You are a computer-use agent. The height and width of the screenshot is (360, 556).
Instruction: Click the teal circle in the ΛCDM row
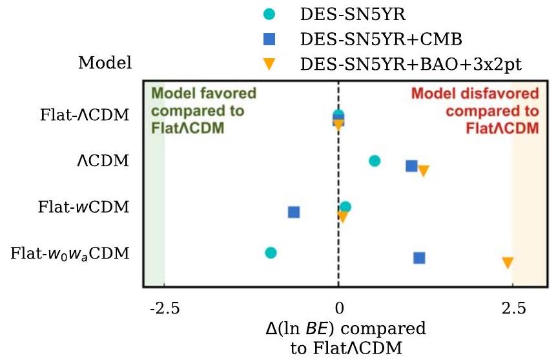point(375,161)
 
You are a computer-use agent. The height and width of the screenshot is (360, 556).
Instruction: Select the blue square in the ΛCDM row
point(411,166)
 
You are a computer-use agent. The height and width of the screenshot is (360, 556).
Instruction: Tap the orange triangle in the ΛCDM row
point(424,171)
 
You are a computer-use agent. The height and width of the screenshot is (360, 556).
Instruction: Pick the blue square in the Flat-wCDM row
point(294,212)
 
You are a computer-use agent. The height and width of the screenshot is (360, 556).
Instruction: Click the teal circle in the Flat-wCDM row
point(345,207)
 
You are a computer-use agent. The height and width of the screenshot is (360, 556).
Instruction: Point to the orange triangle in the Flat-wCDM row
point(343,217)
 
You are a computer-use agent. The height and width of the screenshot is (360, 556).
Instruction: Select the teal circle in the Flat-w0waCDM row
point(271,253)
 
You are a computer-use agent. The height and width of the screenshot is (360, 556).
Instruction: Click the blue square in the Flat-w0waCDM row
point(419,258)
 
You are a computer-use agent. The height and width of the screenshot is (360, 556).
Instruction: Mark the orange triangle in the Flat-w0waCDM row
point(508,262)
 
